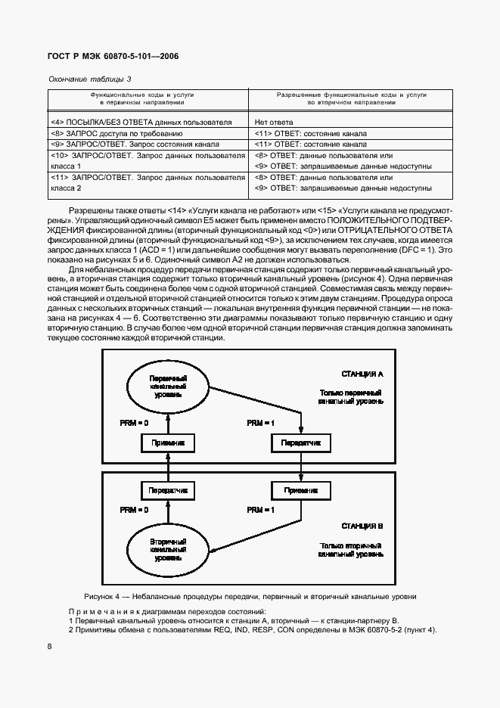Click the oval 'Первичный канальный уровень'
(168, 387)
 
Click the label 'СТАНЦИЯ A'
(363, 374)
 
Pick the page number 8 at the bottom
(49, 646)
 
